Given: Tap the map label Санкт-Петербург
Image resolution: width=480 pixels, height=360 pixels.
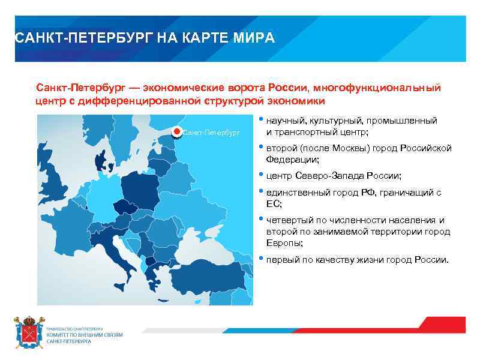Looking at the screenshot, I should tap(211, 132).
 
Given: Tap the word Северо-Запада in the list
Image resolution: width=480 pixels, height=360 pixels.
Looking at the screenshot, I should tap(325, 176).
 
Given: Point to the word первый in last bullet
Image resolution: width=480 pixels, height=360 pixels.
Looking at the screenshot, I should tap(281, 260).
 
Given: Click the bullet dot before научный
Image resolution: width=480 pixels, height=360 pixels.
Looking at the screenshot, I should tap(261, 119).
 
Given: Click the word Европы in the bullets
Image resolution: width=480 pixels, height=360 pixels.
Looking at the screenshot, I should tap(281, 243).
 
